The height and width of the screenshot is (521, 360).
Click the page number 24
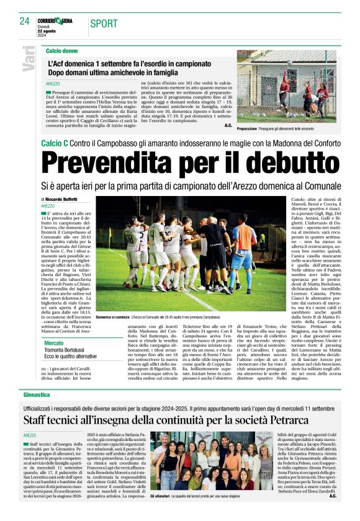click(24, 22)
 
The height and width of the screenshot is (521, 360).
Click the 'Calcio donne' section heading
click(61, 50)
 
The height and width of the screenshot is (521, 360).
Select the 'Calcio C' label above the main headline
click(56, 143)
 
